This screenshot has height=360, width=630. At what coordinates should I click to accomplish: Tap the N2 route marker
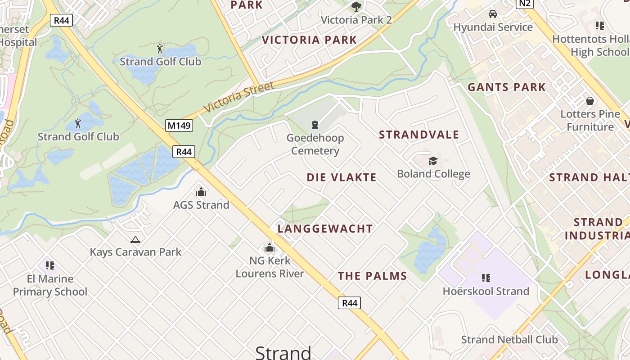524,4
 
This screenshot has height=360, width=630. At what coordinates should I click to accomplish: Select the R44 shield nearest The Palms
349,303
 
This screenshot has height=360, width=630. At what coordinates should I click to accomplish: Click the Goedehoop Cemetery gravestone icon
315,125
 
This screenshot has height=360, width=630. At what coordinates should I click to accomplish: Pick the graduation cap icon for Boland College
433,161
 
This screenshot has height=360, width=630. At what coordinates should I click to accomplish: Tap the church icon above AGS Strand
201,192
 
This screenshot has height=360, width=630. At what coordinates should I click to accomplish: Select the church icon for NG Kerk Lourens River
270,247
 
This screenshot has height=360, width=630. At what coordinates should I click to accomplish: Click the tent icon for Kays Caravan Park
135,239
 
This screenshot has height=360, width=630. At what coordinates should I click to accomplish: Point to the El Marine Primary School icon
50,265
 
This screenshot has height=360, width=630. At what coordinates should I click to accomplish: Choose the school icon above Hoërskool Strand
486,278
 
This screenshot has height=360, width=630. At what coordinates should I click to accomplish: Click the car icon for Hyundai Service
493,14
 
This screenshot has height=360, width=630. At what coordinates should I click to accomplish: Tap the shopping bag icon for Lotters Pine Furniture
589,101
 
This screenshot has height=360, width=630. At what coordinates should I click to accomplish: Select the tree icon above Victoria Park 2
356,7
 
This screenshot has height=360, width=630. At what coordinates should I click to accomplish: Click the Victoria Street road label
238,97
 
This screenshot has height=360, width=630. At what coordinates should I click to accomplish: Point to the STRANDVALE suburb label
419,135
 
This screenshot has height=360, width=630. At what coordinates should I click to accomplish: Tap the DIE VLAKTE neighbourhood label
342,177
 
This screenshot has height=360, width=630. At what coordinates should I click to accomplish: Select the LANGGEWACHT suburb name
325,229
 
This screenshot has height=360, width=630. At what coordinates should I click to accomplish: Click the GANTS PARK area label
507,87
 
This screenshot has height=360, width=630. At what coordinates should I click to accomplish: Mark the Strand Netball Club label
509,340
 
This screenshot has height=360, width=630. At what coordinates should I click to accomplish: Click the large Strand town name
283,352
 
